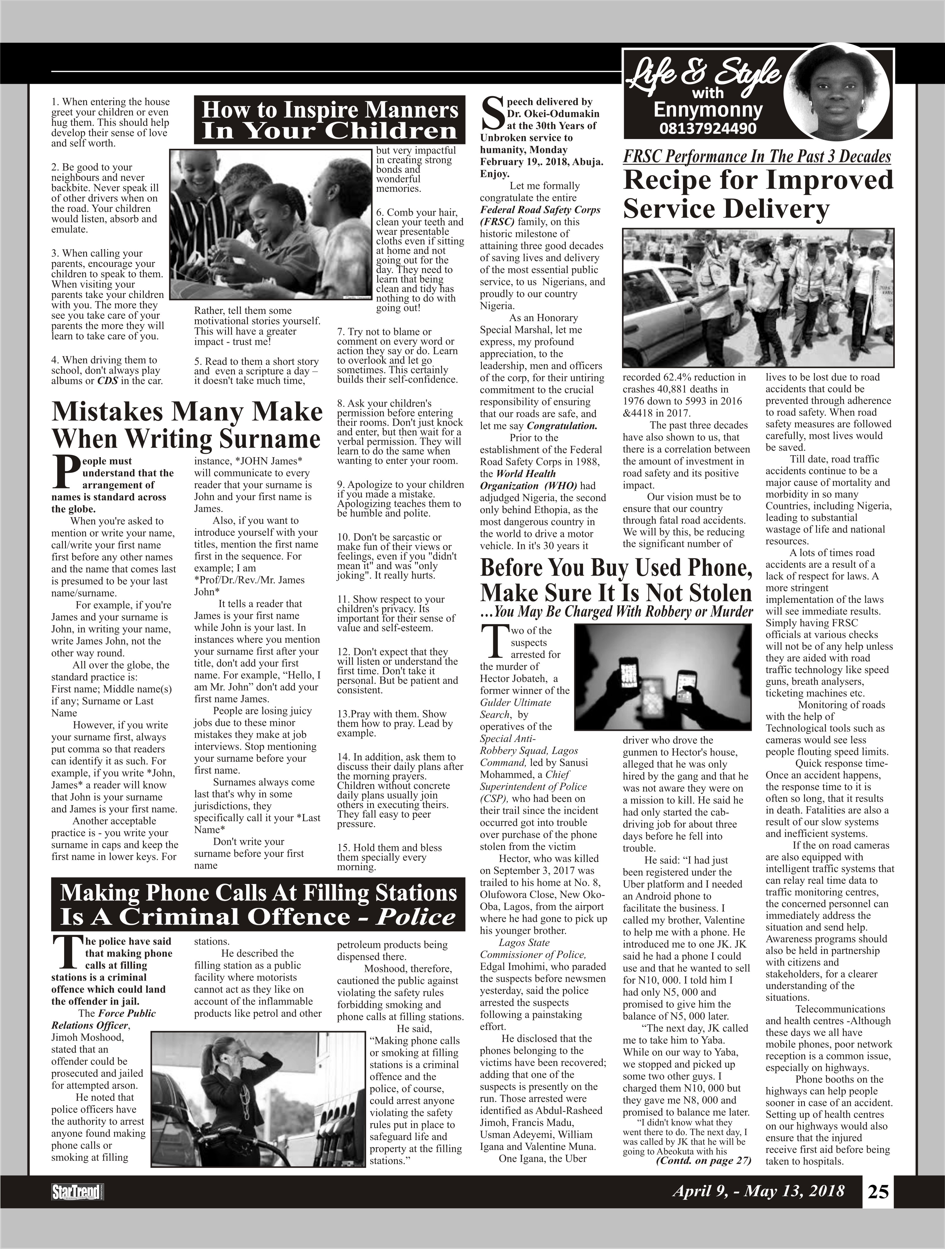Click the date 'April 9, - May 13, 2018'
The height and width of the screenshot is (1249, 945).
758,1191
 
